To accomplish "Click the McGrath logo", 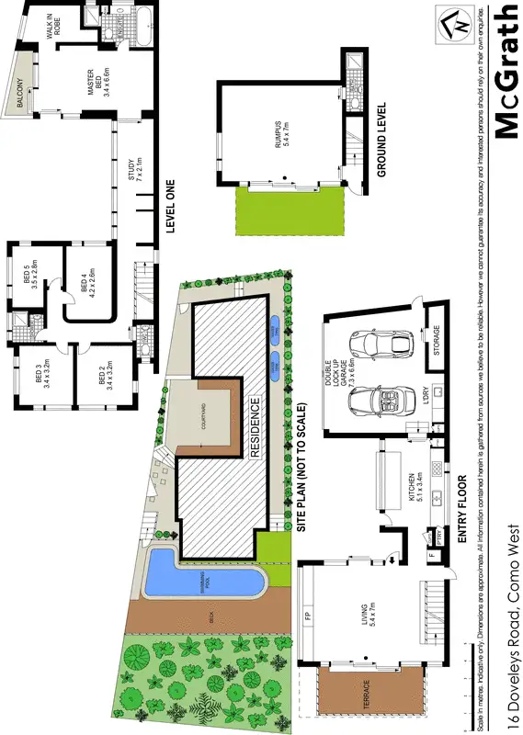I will click(505, 72).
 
